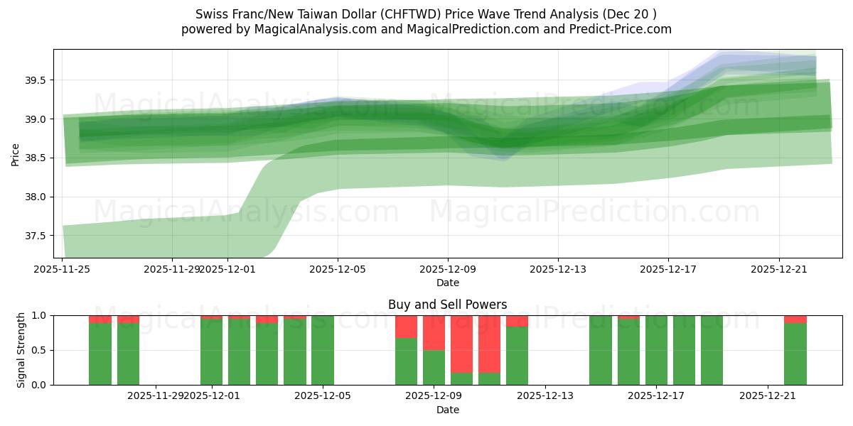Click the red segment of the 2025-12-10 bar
click(462, 344)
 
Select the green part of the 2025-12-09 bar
click(434, 367)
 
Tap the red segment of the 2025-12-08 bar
click(406, 327)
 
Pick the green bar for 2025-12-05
click(323, 350)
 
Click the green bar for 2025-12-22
click(795, 354)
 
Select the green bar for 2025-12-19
click(712, 350)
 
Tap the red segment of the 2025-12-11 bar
click(490, 344)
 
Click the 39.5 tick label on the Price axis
click(35, 81)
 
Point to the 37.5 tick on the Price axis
click(35, 236)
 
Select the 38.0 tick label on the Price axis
click(35, 197)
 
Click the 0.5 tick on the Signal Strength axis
click(40, 350)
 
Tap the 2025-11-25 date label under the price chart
click(63, 270)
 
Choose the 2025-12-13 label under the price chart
click(558, 270)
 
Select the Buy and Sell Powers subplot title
click(448, 305)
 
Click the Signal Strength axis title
click(21, 350)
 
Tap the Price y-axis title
click(16, 154)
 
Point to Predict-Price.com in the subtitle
click(623, 29)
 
